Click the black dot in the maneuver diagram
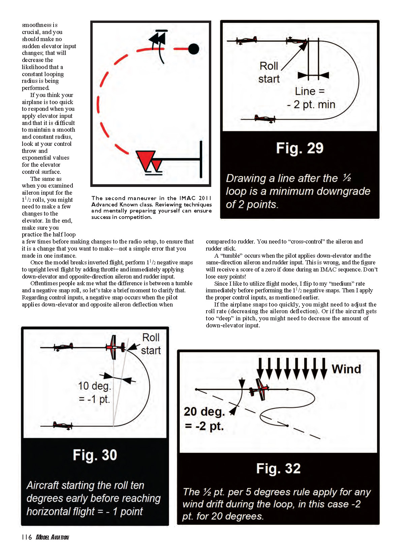pos(193,49)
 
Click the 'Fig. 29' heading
pos(300,148)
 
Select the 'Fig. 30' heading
pos(95,455)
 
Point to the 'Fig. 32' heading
pos(278,468)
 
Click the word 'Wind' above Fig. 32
pos(346,369)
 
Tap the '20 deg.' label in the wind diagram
pos(204,412)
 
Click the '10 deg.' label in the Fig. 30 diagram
pos(94,386)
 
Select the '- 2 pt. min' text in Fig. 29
pos(311,104)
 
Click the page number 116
pos(27,537)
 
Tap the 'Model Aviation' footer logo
pos(52,537)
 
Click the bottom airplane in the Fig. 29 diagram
pos(265,119)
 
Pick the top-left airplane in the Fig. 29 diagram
pos(246,40)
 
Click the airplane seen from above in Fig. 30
pos(115,347)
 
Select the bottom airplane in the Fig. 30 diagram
pos(63,425)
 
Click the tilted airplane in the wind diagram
pos(259,389)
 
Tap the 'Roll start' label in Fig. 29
pos(269,72)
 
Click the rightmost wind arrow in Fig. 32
pos(323,368)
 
